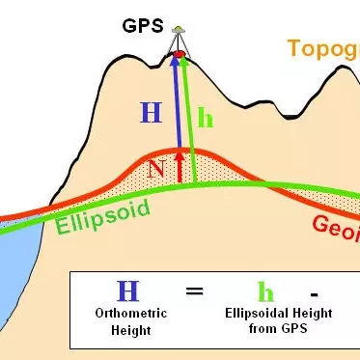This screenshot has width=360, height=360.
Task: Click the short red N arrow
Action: pos(179,165)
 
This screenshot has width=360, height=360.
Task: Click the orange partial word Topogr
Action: pos(322,49)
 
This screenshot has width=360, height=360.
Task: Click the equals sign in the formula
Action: pos(194,291)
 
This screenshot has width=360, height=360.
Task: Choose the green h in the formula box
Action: pos(262,291)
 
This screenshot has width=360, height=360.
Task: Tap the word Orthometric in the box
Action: pos(127,314)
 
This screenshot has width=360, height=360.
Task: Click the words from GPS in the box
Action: pos(262,327)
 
